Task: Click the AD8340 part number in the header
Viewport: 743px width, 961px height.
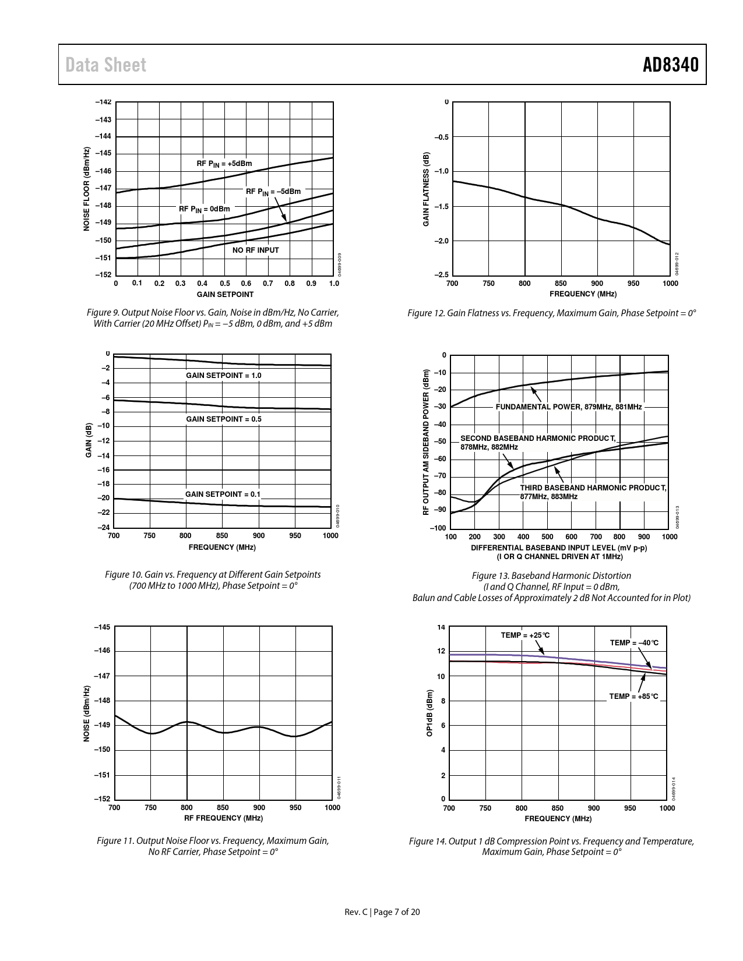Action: [670, 65]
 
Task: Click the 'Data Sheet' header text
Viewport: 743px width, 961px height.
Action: [106, 65]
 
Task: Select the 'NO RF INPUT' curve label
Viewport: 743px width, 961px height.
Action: [256, 250]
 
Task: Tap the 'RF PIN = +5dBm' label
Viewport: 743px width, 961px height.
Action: [224, 164]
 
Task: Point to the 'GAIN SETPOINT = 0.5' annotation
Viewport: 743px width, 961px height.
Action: [224, 419]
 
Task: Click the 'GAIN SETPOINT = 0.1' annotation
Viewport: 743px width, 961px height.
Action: [223, 494]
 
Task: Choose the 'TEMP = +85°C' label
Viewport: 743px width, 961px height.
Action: [633, 696]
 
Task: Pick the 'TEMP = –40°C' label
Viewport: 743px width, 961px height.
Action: [634, 642]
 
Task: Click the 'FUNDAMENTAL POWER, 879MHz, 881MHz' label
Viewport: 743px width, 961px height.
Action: [569, 407]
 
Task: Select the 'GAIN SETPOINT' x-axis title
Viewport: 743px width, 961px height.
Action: [225, 294]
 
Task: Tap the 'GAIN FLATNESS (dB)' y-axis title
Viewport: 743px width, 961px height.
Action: [426, 189]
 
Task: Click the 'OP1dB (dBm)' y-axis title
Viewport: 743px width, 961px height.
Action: [429, 713]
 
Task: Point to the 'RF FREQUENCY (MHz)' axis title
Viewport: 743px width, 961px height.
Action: [223, 818]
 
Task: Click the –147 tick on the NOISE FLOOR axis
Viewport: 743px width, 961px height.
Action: [103, 188]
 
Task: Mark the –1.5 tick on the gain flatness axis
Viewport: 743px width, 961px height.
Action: [441, 206]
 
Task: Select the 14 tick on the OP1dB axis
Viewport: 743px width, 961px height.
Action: [441, 627]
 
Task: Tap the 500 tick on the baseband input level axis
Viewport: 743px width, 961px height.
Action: [547, 536]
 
